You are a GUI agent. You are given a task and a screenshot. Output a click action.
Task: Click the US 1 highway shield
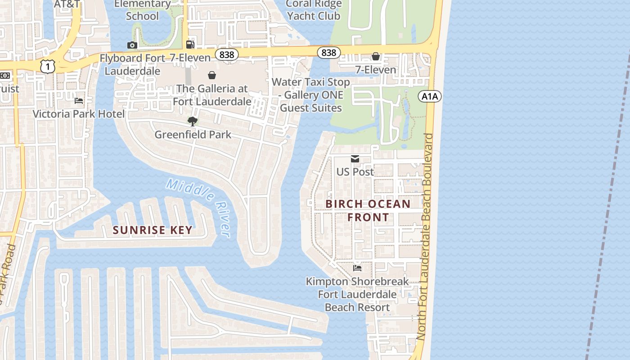pyautogui.click(x=47, y=66)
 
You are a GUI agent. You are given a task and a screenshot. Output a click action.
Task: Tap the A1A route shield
pyautogui.click(x=430, y=96)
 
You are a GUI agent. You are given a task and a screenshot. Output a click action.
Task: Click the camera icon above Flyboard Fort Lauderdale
pyautogui.click(x=132, y=45)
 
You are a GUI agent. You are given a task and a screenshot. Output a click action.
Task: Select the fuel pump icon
pyautogui.click(x=190, y=44)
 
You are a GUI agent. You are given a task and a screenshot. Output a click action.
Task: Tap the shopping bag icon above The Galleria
pyautogui.click(x=212, y=75)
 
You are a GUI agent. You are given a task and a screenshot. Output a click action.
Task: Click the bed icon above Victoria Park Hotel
pyautogui.click(x=79, y=101)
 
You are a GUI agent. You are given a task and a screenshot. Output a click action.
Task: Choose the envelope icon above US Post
pyautogui.click(x=355, y=159)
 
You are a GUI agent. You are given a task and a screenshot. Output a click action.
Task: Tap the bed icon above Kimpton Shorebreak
pyautogui.click(x=357, y=268)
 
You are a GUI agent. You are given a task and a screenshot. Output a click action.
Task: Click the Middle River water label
pyautogui.click(x=198, y=206)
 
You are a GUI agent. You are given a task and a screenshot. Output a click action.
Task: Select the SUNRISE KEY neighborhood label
pyautogui.click(x=153, y=230)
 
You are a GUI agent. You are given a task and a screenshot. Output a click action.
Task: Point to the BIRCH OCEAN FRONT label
pyautogui.click(x=368, y=211)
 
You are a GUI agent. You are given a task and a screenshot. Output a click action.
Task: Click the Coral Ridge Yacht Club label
pyautogui.click(x=314, y=10)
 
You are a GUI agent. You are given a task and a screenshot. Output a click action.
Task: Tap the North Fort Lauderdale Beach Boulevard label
pyautogui.click(x=425, y=236)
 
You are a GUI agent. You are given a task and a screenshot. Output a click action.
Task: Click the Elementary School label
pyautogui.click(x=142, y=10)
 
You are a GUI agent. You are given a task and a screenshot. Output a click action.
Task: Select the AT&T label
pyautogui.click(x=67, y=4)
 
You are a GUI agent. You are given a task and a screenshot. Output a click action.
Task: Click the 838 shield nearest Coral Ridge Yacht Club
pyautogui.click(x=328, y=53)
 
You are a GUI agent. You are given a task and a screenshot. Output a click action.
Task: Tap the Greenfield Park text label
pyautogui.click(x=193, y=135)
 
